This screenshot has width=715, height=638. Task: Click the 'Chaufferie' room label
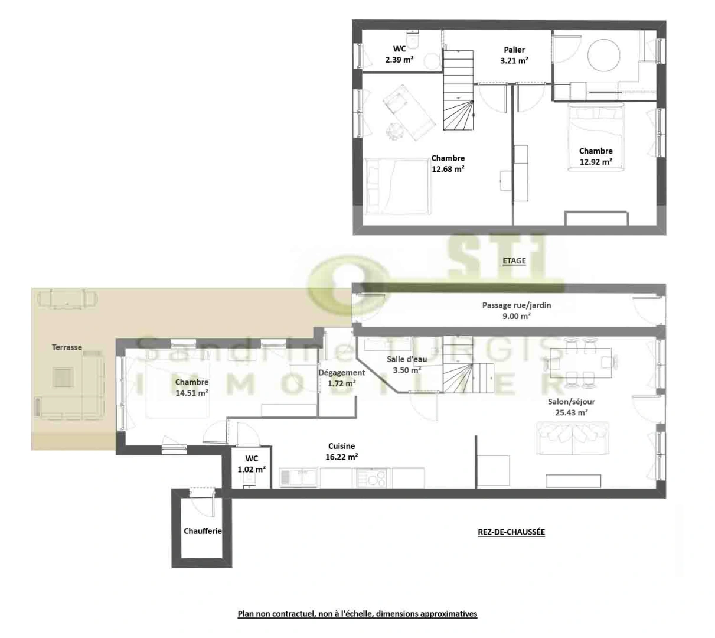coord(203,531)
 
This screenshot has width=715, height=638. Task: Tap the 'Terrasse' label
coord(67,347)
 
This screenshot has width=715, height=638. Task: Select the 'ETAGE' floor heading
coord(514,261)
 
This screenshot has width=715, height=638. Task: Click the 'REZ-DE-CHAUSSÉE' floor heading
coord(511,532)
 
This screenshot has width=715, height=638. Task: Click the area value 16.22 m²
coord(342,457)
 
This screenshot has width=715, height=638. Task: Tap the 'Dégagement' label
coord(341,373)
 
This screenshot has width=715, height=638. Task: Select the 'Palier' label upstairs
coord(514,50)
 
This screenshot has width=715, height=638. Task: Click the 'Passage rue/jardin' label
coord(516,305)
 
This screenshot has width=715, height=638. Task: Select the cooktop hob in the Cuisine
coord(373,477)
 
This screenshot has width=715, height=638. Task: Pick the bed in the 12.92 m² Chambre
coord(595,137)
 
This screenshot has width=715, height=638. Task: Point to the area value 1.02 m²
coord(252,470)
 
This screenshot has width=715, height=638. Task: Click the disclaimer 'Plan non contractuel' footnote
coord(357,614)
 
